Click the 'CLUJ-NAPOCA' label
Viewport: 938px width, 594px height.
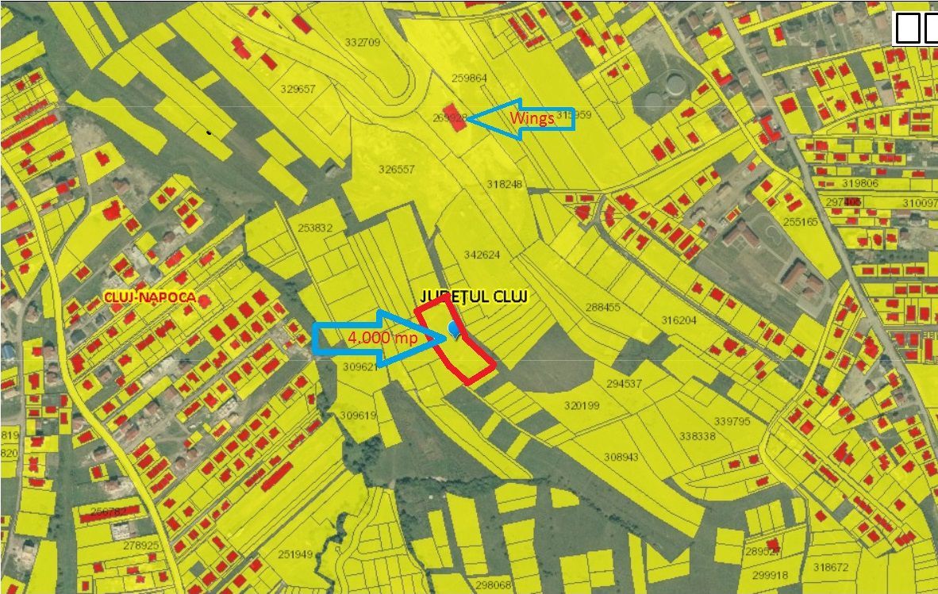pyautogui.click(x=150, y=298)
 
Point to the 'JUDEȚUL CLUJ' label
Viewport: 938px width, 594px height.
pyautogui.click(x=474, y=296)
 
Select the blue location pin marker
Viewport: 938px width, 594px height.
pyautogui.click(x=454, y=329)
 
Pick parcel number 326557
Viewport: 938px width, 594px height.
pyautogui.click(x=397, y=170)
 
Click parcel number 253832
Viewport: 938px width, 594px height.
pyautogui.click(x=315, y=228)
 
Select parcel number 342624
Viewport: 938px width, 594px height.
pyautogui.click(x=482, y=255)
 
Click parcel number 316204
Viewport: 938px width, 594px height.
pyautogui.click(x=679, y=320)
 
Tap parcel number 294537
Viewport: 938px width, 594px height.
pyautogui.click(x=624, y=384)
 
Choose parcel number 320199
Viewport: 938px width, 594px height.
pyautogui.click(x=582, y=405)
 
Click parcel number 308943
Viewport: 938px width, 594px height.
pyautogui.click(x=621, y=457)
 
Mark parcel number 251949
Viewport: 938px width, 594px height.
pyautogui.click(x=296, y=554)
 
